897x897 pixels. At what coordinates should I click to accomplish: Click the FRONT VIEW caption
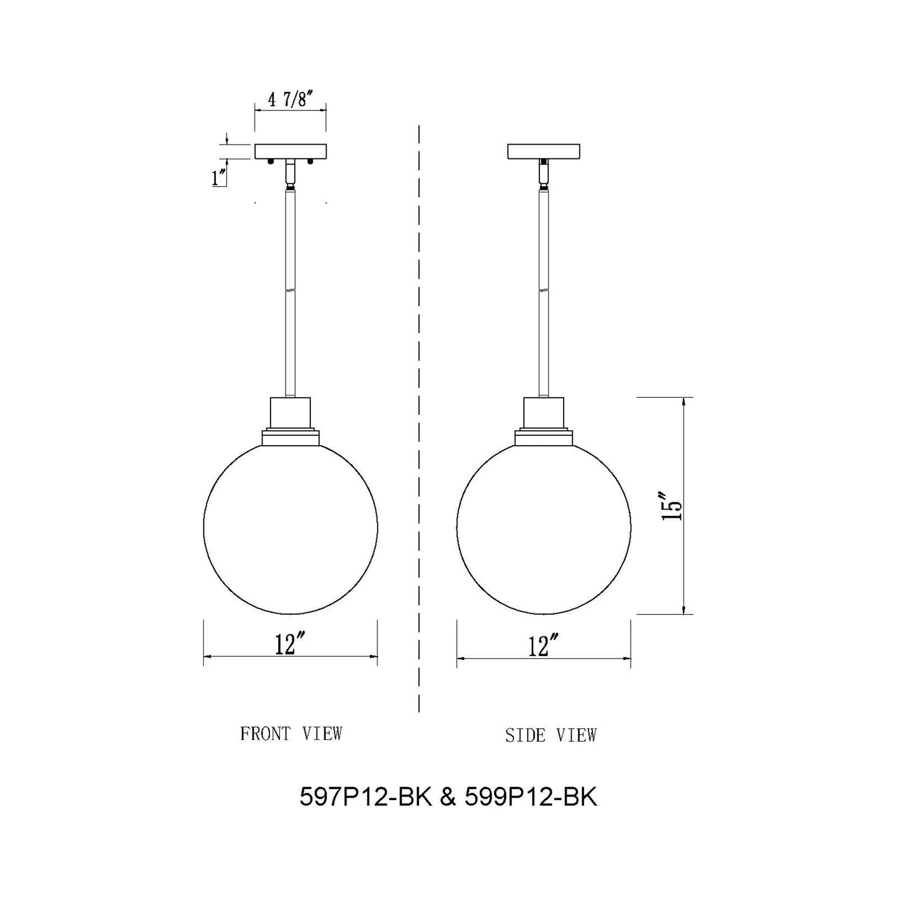pyautogui.click(x=291, y=734)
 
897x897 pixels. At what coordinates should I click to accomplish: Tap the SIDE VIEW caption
pyautogui.click(x=551, y=736)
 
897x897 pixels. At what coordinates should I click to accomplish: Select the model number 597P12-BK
pyautogui.click(x=365, y=798)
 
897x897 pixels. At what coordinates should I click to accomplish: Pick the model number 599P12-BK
pyautogui.click(x=531, y=798)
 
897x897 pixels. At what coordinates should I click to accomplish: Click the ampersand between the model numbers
pyautogui.click(x=448, y=798)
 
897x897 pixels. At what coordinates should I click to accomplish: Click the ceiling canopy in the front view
pyautogui.click(x=291, y=151)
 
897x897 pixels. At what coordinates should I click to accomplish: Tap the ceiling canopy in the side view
pyautogui.click(x=544, y=151)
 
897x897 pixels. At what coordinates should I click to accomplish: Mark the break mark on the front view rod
pyautogui.click(x=291, y=289)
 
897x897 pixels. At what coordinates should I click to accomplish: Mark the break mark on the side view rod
pyautogui.click(x=544, y=289)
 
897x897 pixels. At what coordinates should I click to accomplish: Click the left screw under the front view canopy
pyautogui.click(x=271, y=162)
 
